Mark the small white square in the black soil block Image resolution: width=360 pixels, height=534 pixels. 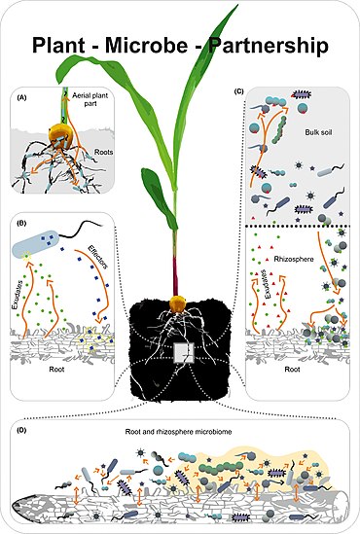(x=180, y=352)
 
